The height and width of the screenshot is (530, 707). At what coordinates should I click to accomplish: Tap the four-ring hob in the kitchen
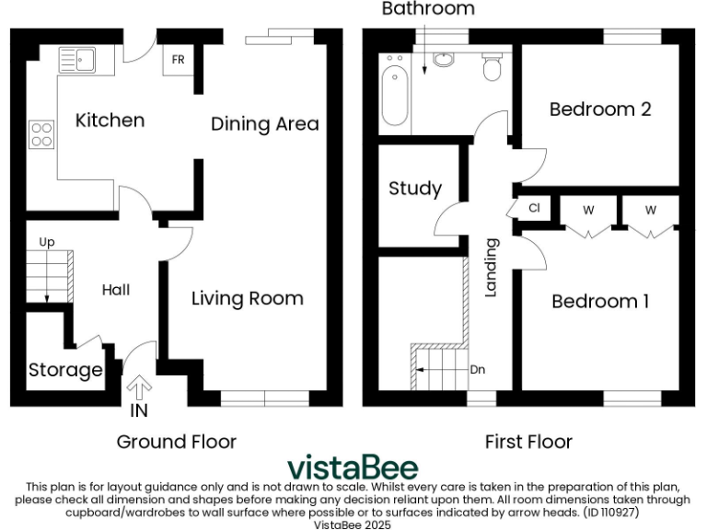pyautogui.click(x=41, y=135)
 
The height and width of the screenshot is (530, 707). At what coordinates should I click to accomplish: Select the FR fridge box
pyautogui.click(x=178, y=60)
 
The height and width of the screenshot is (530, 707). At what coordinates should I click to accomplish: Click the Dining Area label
pyautogui.click(x=265, y=123)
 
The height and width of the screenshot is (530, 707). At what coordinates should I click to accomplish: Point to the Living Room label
pyautogui.click(x=247, y=298)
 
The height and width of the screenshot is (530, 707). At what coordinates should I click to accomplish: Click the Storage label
pyautogui.click(x=64, y=370)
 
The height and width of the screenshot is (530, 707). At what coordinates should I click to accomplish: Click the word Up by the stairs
pyautogui.click(x=47, y=242)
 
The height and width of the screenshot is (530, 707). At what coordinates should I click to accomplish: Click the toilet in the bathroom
pyautogui.click(x=493, y=65)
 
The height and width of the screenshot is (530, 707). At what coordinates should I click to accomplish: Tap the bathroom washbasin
pyautogui.click(x=444, y=60)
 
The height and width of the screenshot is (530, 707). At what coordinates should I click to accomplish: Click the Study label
pyautogui.click(x=415, y=189)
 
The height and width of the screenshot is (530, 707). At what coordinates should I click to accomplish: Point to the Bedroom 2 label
pyautogui.click(x=600, y=109)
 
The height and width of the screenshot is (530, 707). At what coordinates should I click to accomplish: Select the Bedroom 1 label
pyautogui.click(x=600, y=301)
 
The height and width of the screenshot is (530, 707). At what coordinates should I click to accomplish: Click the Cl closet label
pyautogui.click(x=534, y=208)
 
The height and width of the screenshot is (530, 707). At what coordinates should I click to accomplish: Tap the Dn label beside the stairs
pyautogui.click(x=477, y=370)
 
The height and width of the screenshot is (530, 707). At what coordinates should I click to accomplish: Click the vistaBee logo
pyautogui.click(x=353, y=467)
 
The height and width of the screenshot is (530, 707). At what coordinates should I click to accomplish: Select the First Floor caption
pyautogui.click(x=528, y=442)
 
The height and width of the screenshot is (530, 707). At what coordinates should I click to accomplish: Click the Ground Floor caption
pyautogui.click(x=176, y=442)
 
